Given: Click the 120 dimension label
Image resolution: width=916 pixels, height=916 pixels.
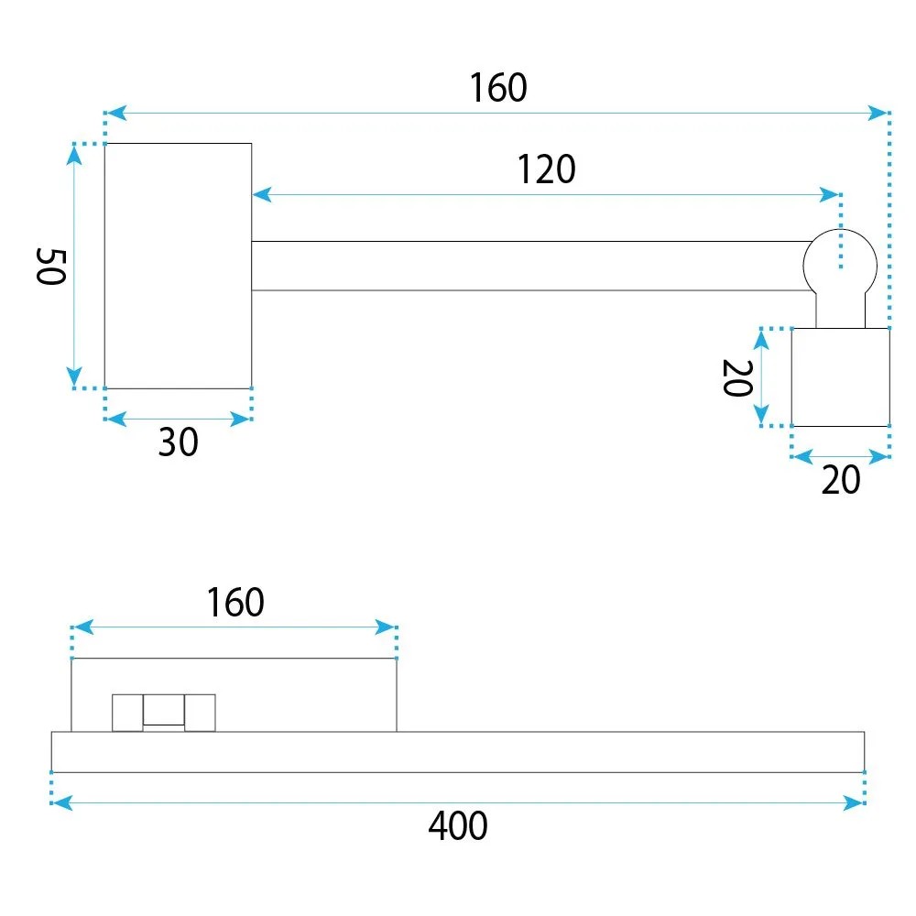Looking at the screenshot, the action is pyautogui.click(x=546, y=169).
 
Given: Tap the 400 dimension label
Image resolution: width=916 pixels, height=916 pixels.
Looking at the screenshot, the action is pyautogui.click(x=458, y=825).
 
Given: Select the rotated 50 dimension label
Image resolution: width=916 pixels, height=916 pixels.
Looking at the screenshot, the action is pyautogui.click(x=50, y=267).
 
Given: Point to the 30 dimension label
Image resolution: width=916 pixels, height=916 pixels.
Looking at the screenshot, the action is pyautogui.click(x=179, y=442).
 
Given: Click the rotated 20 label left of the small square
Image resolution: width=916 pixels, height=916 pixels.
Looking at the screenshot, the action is pyautogui.click(x=737, y=378).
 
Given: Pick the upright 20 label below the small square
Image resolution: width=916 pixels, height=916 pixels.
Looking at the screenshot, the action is pyautogui.click(x=841, y=480).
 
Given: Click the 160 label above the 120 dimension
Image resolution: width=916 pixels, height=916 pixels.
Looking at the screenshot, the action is pyautogui.click(x=498, y=88).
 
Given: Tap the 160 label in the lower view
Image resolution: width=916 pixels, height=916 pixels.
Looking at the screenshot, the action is pyautogui.click(x=235, y=603).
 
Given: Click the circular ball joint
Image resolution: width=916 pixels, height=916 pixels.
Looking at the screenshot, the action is pyautogui.click(x=840, y=266).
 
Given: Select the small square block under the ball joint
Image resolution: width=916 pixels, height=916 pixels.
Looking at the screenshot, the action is pyautogui.click(x=841, y=377).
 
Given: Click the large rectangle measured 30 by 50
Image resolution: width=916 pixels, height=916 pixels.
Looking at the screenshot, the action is pyautogui.click(x=179, y=266).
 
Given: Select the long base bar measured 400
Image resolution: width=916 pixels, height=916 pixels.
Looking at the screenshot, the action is pyautogui.click(x=458, y=752).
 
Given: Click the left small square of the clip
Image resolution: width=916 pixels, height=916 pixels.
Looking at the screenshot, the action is pyautogui.click(x=127, y=713).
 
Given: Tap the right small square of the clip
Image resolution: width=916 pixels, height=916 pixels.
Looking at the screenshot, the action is pyautogui.click(x=200, y=713).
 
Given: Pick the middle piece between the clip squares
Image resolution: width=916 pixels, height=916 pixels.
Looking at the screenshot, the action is pyautogui.click(x=164, y=710).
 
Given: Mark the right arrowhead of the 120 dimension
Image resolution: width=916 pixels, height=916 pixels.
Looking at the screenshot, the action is pyautogui.click(x=830, y=194).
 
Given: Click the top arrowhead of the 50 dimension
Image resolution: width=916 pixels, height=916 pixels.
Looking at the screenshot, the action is pyautogui.click(x=74, y=155).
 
